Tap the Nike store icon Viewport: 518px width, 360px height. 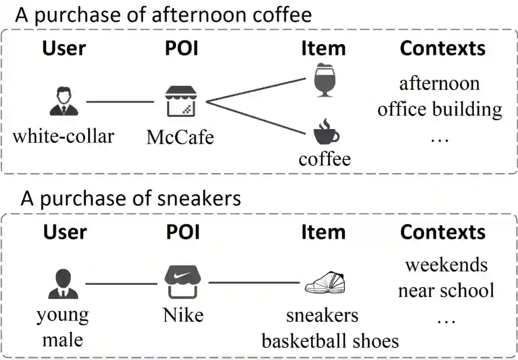tap(183, 282)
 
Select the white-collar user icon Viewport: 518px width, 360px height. tap(64, 101)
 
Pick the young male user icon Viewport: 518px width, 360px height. tap(63, 283)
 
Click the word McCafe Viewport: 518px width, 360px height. tap(180, 137)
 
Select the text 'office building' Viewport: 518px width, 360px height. tap(439, 109)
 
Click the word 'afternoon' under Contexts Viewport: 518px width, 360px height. tap(439, 83)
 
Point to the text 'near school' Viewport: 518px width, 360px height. tap(446, 290)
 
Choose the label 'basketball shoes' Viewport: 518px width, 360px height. tap(330, 341)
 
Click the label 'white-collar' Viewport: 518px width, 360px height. tap(63, 136)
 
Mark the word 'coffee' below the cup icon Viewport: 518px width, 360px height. tap(325, 159)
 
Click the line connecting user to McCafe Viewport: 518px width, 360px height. tap(120, 102)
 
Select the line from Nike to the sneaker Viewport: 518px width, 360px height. tap(254, 283)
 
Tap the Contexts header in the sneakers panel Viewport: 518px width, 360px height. tap(443, 232)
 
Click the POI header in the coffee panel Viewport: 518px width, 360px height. tap(182, 48)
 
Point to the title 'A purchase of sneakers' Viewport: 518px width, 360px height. tap(130, 198)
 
